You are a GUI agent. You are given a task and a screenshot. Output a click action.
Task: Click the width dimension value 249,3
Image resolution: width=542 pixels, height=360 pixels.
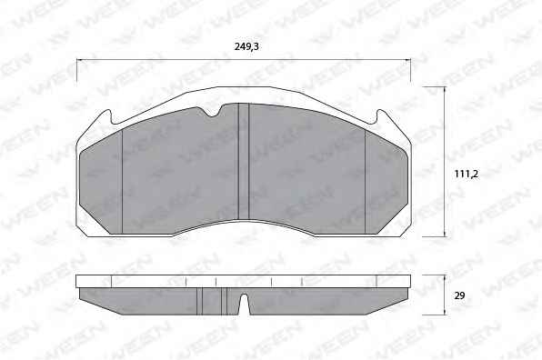point(246,46)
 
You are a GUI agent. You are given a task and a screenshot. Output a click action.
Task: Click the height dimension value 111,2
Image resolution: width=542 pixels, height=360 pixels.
point(467,174)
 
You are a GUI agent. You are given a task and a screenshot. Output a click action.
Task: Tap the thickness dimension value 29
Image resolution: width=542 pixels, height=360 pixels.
point(460,295)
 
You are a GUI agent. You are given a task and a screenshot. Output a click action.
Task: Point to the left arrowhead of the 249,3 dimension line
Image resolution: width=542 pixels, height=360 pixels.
point(78,60)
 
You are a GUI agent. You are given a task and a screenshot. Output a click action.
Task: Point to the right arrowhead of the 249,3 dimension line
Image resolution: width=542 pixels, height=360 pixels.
point(408,60)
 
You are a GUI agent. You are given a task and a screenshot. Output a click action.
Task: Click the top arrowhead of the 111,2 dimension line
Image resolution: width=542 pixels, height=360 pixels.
point(444,89)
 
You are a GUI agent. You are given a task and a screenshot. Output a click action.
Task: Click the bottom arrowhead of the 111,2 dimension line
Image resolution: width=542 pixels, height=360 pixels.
point(444,235)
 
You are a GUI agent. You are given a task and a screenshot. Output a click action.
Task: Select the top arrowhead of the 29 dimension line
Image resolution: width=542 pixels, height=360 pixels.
point(444,277)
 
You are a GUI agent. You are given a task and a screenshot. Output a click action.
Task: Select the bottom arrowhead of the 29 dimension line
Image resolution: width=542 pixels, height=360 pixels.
point(444,313)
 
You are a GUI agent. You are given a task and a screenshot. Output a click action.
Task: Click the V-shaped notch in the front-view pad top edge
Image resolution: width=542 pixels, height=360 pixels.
point(214,113)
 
